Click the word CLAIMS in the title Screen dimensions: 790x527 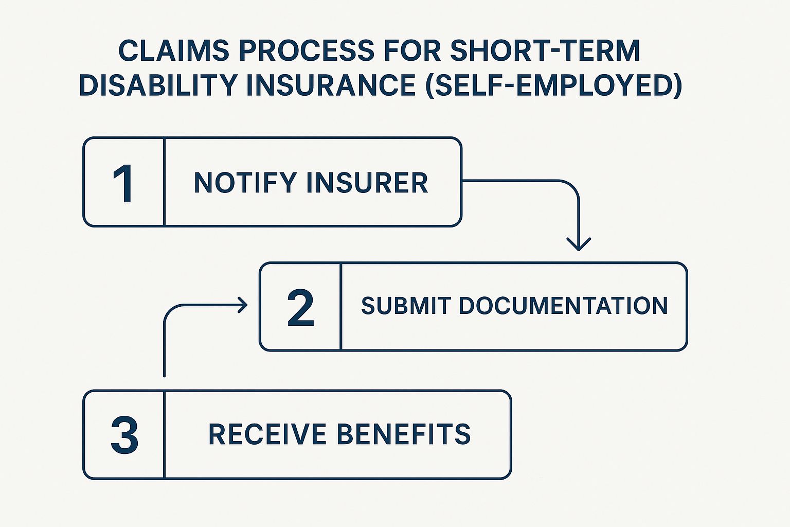[174, 50]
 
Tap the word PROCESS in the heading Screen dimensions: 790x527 [307, 50]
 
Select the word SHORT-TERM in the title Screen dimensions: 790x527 [545, 50]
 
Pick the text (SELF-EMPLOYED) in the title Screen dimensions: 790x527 [554, 86]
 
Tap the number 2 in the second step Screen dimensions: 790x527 [300, 307]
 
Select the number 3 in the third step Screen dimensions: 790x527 [124, 434]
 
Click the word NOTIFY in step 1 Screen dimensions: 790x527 [245, 183]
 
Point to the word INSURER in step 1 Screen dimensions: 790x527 [367, 183]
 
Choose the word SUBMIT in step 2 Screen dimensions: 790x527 [406, 306]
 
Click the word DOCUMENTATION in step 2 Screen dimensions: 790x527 [563, 306]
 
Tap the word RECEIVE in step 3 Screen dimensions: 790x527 [267, 434]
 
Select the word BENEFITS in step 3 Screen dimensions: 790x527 [403, 434]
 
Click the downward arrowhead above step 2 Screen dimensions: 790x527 [579, 244]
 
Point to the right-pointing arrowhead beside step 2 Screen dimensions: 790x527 [243, 305]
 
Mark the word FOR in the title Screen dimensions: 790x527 [412, 50]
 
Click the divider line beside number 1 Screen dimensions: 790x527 [165, 182]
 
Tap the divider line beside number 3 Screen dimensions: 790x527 [165, 434]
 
